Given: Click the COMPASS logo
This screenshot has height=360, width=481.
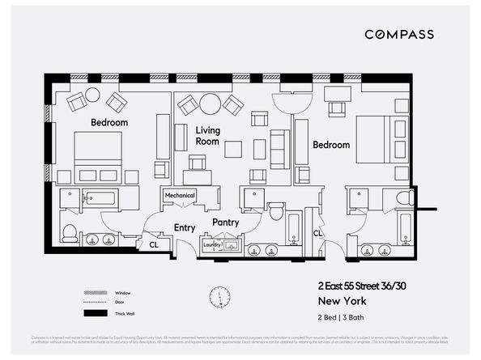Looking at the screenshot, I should tap(398, 34).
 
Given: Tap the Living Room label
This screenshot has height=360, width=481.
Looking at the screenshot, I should tap(208, 135).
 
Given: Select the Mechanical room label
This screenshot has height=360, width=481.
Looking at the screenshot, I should tap(180, 195).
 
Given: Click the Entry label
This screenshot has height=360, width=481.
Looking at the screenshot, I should tap(185, 227).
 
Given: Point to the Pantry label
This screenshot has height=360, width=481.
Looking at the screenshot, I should tap(224, 222).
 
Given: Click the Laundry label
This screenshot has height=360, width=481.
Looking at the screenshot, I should tap(212, 244).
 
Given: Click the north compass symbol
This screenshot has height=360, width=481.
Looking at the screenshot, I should tap(219, 297).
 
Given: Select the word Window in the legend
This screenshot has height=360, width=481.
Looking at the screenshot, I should tap(123, 293).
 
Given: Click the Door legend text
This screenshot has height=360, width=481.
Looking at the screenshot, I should tap(121, 303).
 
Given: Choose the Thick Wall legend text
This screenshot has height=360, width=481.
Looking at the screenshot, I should tap(126, 312).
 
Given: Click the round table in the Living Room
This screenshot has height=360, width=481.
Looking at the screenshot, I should tap(211, 103).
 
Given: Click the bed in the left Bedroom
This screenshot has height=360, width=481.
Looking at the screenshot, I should tap(98, 156).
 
